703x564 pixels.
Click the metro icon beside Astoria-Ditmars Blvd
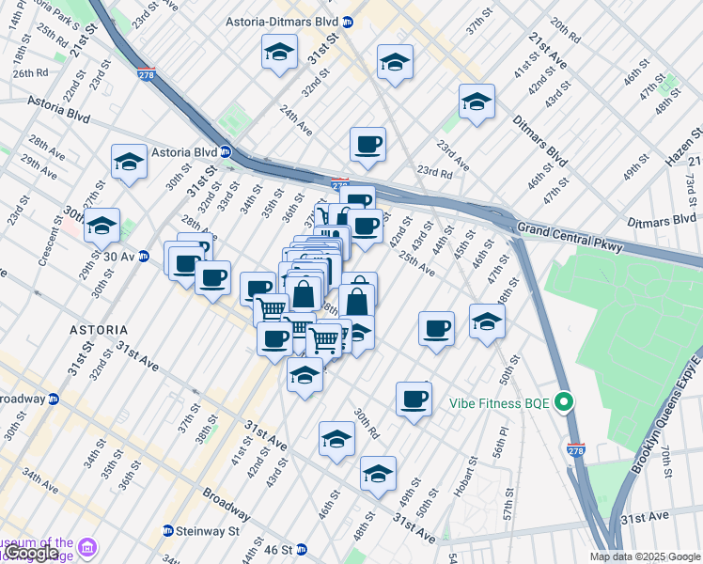(x=349, y=21)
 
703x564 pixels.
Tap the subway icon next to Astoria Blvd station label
(x=226, y=151)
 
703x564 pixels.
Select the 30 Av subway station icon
(x=144, y=256)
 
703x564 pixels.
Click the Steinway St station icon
(x=167, y=531)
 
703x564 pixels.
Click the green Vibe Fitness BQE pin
(x=564, y=402)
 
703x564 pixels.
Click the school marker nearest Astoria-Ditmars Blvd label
(x=279, y=54)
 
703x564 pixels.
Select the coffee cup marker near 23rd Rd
(x=367, y=145)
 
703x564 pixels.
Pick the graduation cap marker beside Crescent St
(x=102, y=226)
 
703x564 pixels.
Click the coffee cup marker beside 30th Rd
(x=414, y=399)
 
